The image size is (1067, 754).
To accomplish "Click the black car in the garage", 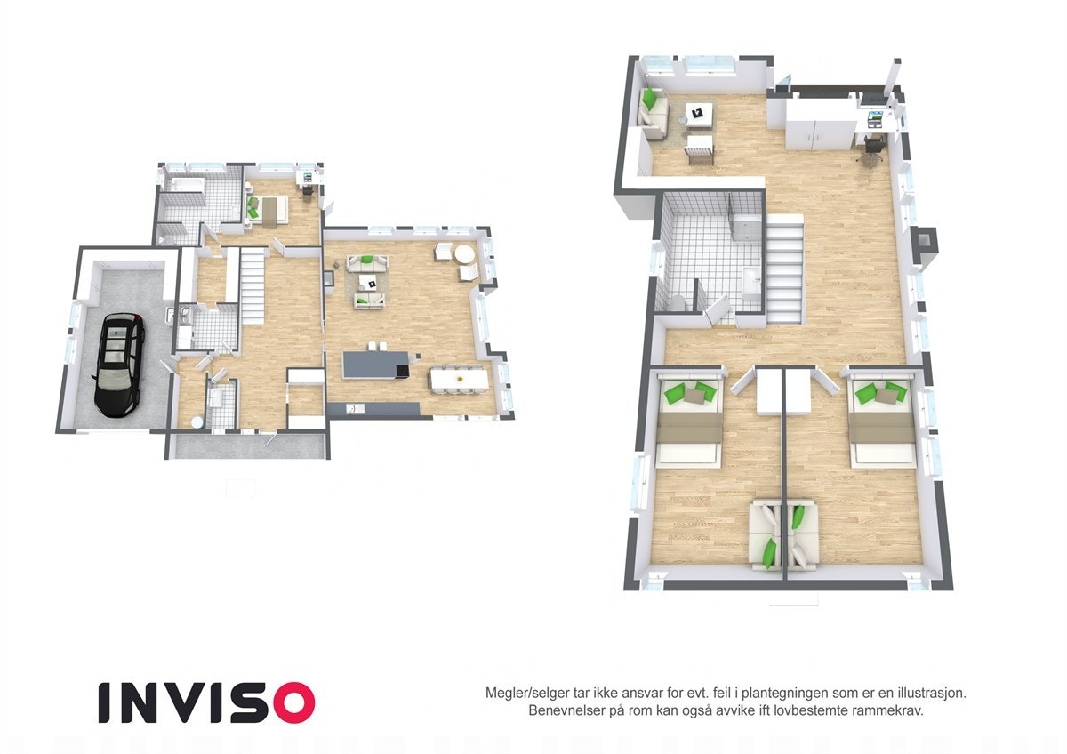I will click(x=117, y=364).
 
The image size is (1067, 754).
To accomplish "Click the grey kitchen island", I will click(x=376, y=363).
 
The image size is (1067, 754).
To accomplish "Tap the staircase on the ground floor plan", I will click(x=252, y=285).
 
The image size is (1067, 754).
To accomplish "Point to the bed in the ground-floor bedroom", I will click(x=267, y=208).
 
